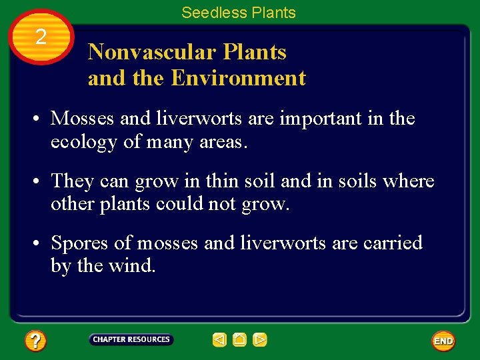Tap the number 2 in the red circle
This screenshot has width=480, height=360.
(41, 37)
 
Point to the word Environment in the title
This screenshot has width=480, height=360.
(238, 78)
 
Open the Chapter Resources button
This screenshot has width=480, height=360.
(131, 339)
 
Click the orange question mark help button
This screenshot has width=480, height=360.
(35, 341)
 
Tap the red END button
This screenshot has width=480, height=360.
(443, 341)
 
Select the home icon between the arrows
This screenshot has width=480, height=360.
(240, 340)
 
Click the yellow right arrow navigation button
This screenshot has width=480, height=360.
(260, 340)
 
